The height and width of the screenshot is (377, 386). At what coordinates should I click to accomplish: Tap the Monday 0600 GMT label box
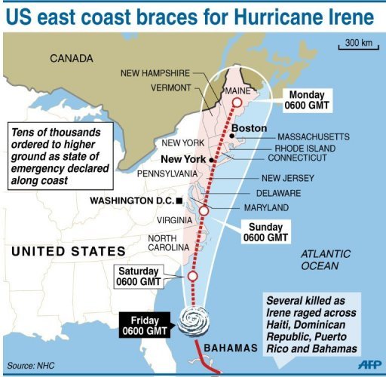pos(307,102)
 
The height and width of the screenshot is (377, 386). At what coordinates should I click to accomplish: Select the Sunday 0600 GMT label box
pos(265,231)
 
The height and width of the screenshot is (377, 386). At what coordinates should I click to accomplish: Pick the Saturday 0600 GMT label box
pos(138,277)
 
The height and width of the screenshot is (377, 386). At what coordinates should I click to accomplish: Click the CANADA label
pos(72,58)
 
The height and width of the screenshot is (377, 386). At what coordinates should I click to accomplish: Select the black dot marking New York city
pos(213,160)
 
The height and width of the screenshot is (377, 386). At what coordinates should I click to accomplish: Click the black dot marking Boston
pos(232,136)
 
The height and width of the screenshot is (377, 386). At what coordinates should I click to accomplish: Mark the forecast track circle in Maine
pos(237,103)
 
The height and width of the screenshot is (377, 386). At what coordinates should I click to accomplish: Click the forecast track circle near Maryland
pos(203,212)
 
